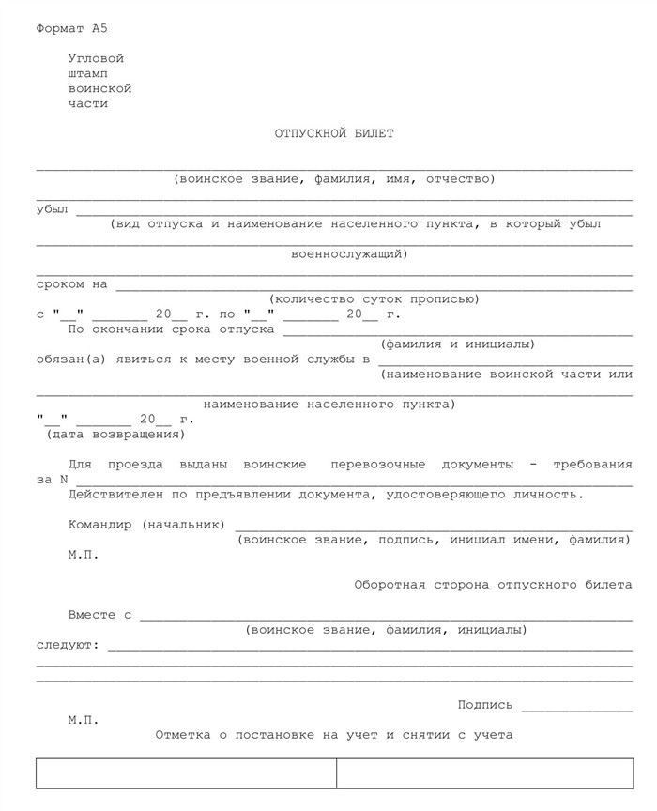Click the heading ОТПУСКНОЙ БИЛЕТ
click(x=334, y=133)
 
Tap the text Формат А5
click(x=71, y=29)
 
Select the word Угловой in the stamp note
click(x=96, y=58)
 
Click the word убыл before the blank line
click(x=52, y=209)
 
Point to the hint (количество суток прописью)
click(x=374, y=299)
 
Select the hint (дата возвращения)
click(x=115, y=435)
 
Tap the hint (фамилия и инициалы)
click(x=458, y=344)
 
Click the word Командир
click(x=100, y=524)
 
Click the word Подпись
click(x=485, y=705)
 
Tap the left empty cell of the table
click(x=186, y=773)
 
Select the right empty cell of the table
click(x=484, y=773)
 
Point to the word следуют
click(x=67, y=646)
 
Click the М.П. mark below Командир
click(x=83, y=555)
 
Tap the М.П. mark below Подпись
click(x=83, y=720)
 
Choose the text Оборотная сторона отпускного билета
click(x=493, y=585)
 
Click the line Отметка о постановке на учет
click(x=334, y=735)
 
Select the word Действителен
click(x=113, y=494)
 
